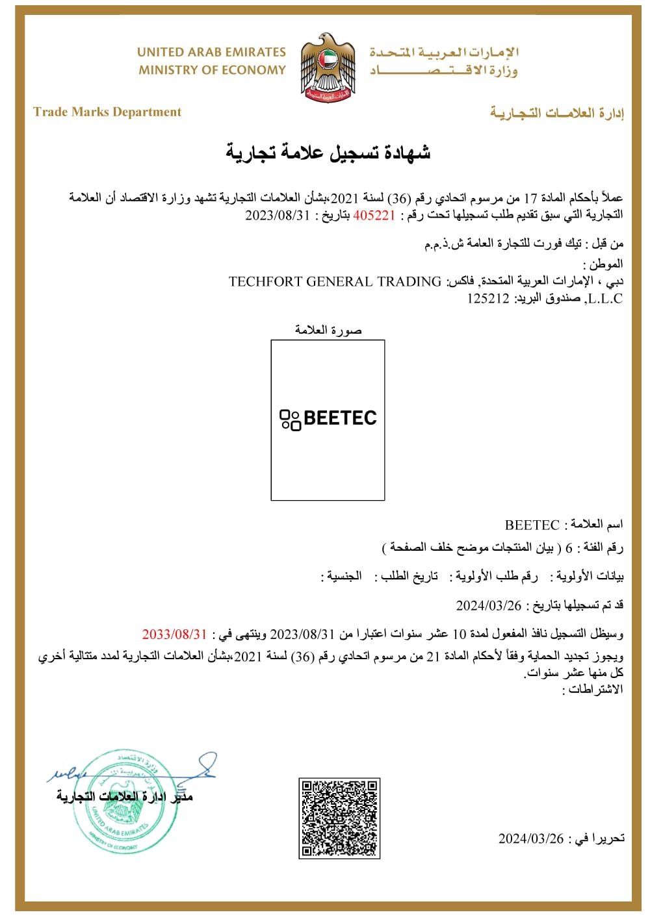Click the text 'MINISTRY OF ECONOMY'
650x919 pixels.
tap(212, 70)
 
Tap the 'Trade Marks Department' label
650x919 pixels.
tap(107, 112)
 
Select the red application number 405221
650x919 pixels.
tap(374, 216)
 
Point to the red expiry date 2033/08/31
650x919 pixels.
tap(174, 634)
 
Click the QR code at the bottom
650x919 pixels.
tap(339, 818)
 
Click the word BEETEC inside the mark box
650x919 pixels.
tap(340, 418)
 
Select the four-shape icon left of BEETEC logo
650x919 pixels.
tap(290, 420)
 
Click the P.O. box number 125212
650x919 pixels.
tap(488, 299)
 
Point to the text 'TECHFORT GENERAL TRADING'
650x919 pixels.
tap(335, 282)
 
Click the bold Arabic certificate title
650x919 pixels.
tap(328, 153)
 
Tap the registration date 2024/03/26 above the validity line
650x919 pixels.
tap(489, 606)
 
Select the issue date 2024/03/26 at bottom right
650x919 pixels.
tap(531, 838)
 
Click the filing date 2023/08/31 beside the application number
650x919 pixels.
tap(278, 216)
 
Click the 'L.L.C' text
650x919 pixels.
tap(604, 299)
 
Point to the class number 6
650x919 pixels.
tap(569, 549)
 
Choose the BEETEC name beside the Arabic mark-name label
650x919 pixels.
tap(532, 525)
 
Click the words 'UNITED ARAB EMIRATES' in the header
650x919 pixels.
tap(211, 52)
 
